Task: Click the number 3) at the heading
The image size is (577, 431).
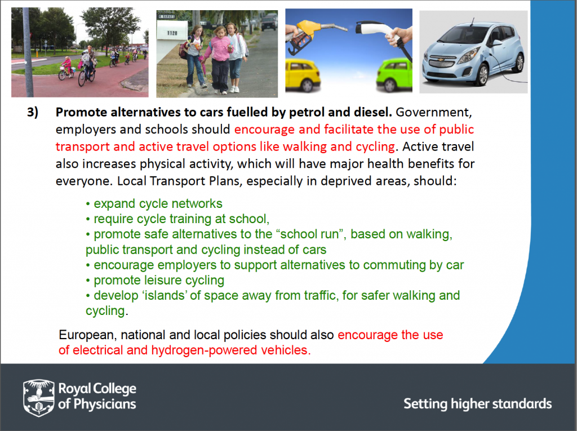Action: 32,112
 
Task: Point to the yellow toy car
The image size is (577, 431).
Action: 302,75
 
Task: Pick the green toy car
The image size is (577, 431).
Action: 394,75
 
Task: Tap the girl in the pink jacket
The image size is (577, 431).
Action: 221,59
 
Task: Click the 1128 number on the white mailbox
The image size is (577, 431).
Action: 172,33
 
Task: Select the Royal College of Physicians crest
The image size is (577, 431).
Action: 39,398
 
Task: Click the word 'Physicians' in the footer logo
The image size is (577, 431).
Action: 105,404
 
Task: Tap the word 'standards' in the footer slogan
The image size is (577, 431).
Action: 522,404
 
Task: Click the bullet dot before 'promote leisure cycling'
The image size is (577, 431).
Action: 88,281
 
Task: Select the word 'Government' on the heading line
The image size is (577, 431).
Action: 433,112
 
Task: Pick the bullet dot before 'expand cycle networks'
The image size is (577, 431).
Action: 88,205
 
